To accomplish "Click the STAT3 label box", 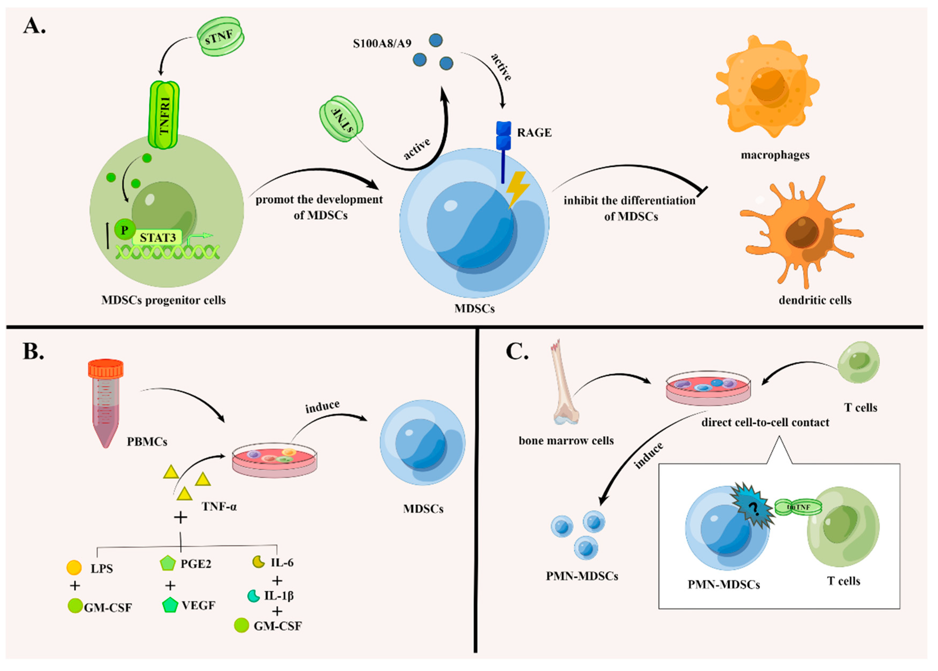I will coord(158,238).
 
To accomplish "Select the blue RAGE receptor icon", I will coord(503,136).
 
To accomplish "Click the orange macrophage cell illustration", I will coord(767,87).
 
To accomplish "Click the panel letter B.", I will coord(33,351).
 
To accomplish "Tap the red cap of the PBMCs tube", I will coord(106,368).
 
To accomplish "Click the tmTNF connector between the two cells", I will coord(797,507).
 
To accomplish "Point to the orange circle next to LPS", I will coord(74,568).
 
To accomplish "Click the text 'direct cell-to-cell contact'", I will coord(765,423).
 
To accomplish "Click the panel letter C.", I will coord(517,351).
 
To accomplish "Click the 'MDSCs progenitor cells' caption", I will coord(164,300).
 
